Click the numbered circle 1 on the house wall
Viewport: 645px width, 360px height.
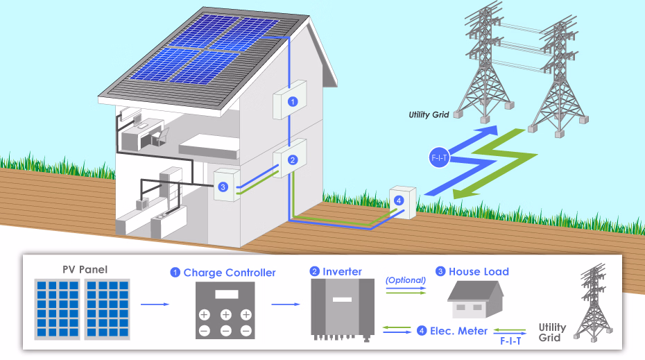click(x=293, y=101)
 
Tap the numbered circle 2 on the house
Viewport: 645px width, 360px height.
click(x=293, y=160)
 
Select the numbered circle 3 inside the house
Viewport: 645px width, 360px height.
click(x=223, y=187)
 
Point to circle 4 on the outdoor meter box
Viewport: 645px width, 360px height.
click(x=399, y=200)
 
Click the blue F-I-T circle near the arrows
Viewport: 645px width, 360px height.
click(x=439, y=157)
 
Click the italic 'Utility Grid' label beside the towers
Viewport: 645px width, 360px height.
click(x=429, y=114)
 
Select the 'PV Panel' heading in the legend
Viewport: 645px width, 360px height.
click(x=85, y=270)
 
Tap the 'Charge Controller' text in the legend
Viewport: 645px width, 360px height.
click(x=230, y=273)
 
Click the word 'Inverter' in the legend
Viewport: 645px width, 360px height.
click(x=342, y=271)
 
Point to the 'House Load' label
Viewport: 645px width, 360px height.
click(x=479, y=271)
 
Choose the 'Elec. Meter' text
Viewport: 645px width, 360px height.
click(x=458, y=331)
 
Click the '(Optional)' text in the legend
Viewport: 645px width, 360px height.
click(x=406, y=280)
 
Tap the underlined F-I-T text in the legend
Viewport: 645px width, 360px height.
click(x=510, y=341)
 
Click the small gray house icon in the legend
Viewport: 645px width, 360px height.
click(x=476, y=300)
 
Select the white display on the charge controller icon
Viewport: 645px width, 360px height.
click(x=227, y=294)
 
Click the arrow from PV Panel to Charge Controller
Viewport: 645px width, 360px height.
click(x=155, y=305)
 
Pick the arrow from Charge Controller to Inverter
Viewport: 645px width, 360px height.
click(x=286, y=305)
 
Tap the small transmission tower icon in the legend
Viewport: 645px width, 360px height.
click(x=593, y=302)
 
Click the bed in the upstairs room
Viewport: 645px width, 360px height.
click(x=209, y=146)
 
